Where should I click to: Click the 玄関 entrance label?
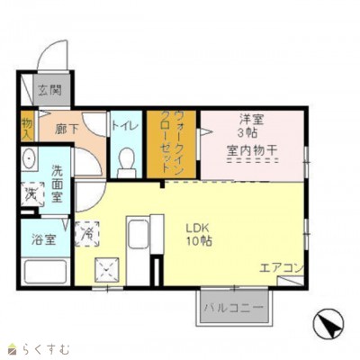coord(50,90)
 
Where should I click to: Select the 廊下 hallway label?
coord(67,129)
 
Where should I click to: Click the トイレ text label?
coord(125,125)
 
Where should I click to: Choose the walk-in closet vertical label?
coord(172,141)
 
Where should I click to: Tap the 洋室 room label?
coord(251,120)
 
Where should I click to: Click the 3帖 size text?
coord(247,132)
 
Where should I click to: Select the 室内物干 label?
coord(252,150)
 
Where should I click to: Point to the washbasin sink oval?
coord(30,157)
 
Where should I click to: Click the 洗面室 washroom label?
coord(57,184)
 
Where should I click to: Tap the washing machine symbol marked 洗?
coord(32,194)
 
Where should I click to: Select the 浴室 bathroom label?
coord(44,239)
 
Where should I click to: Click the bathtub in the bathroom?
coord(45,272)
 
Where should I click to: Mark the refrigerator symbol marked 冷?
coord(87,234)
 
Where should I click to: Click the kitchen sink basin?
coord(138,235)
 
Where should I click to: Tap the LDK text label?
coord(197,229)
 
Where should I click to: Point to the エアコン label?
coord(282,268)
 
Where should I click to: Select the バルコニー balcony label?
coord(234,308)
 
